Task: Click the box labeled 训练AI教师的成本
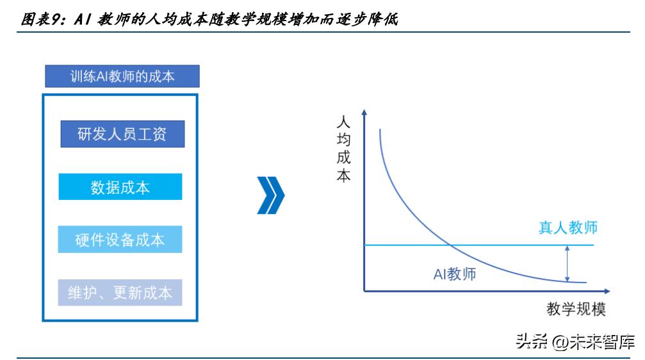pos(122,77)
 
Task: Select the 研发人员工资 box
pos(122,134)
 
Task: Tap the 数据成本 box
pos(120,186)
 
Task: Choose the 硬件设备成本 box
pos(120,239)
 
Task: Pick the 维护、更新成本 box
pos(120,292)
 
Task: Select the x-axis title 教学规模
pos(576,309)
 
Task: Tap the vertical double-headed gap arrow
pos(567,263)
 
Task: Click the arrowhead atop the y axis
pos(364,112)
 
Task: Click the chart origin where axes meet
pos(364,291)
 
